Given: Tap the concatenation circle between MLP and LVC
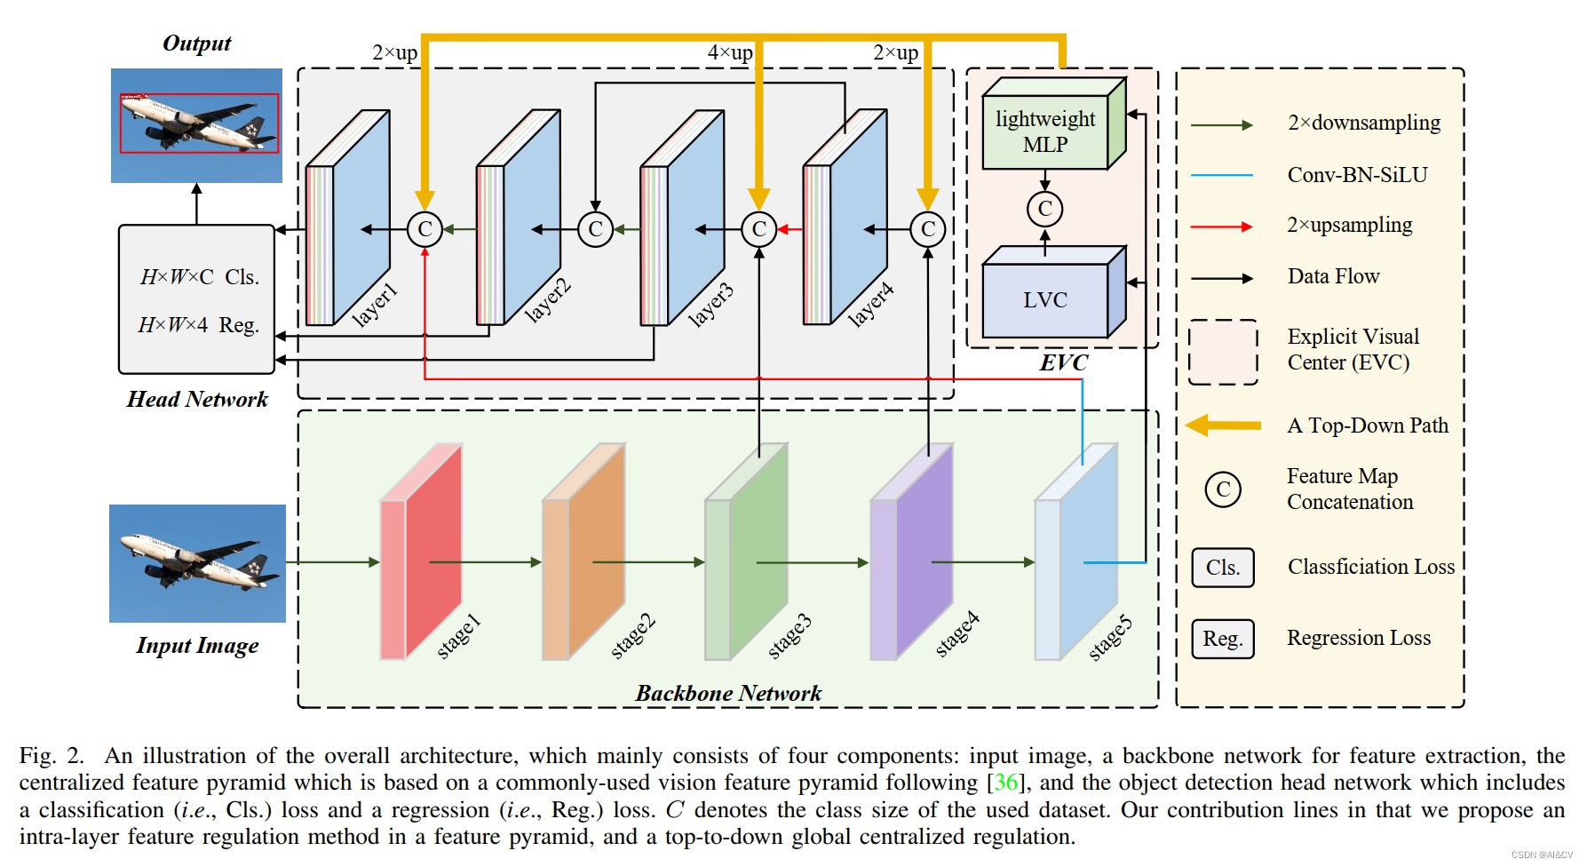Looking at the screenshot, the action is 1044,209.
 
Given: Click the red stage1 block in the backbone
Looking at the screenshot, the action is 421,552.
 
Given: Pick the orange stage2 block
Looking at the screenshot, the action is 583,552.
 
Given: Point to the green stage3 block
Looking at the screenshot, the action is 746,552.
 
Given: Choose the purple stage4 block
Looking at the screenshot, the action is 911,552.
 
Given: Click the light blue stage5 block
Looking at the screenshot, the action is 1076,552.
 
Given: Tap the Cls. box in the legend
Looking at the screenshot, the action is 1223,568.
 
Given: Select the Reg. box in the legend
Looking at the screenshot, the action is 1223,639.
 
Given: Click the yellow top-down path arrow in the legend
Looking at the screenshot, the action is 1224,426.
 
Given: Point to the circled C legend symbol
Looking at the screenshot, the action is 1223,489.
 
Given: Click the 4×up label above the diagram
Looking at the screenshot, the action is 730,52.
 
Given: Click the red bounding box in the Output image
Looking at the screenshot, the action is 200,123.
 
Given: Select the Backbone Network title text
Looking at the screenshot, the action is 729,693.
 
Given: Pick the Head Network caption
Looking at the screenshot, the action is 197,399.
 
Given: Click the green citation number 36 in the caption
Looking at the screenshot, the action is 1006,783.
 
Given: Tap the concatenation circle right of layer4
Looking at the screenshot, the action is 928,229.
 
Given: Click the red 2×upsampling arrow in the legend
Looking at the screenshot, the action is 1222,227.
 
